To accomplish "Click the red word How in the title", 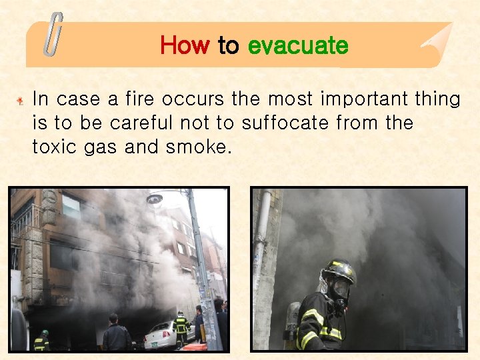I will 185,45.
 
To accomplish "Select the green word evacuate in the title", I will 297,45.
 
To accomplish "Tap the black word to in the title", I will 228,45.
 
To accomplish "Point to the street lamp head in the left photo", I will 155,199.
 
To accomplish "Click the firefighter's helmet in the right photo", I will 338,271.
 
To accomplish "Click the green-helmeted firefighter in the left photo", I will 42,341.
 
